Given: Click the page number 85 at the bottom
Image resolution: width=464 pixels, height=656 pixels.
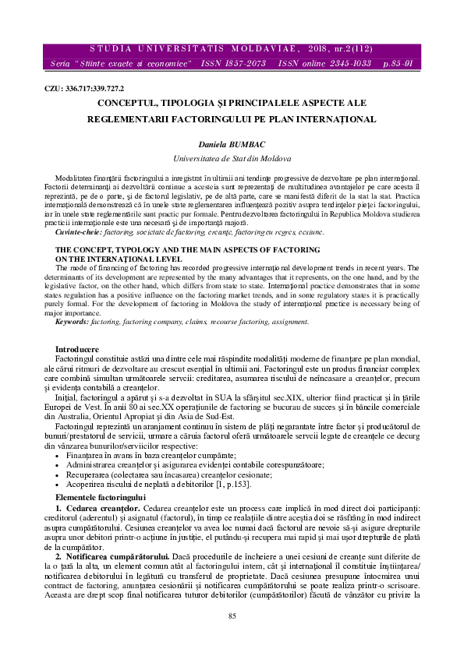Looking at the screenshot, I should [232, 638].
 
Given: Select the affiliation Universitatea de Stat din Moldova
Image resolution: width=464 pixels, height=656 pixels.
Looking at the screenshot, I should [232, 157].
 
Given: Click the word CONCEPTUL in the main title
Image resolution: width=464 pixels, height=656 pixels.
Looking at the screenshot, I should [129, 102].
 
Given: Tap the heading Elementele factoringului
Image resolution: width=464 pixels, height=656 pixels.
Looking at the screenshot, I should [100, 474].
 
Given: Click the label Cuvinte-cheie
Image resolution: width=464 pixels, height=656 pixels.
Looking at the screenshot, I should [78, 233].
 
